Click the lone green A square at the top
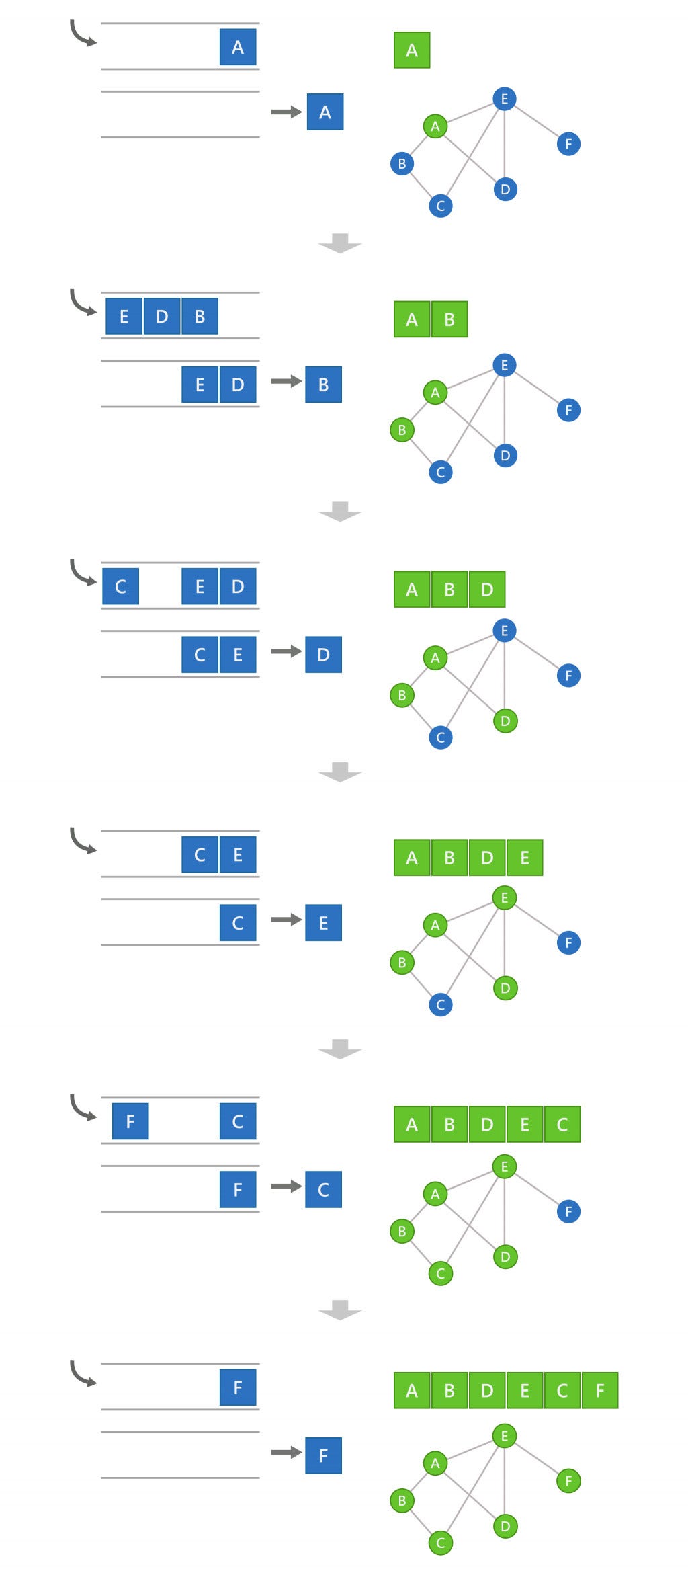(411, 50)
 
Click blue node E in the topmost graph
(504, 99)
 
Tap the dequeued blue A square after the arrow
(325, 112)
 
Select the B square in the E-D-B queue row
(200, 317)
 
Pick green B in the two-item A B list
(449, 319)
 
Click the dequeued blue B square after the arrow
(323, 385)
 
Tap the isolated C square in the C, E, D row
(120, 586)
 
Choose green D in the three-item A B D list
(486, 590)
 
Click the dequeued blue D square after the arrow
(323, 654)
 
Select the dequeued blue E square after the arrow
(323, 922)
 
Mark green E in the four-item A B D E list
(524, 858)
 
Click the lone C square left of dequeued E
(237, 922)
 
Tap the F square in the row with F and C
(130, 1121)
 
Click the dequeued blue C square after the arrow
(323, 1189)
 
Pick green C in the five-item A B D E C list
(562, 1124)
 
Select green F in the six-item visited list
(599, 1390)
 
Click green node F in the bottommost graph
(568, 1480)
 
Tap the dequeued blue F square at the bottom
(323, 1455)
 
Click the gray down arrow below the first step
(340, 243)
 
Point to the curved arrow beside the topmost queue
(83, 34)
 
